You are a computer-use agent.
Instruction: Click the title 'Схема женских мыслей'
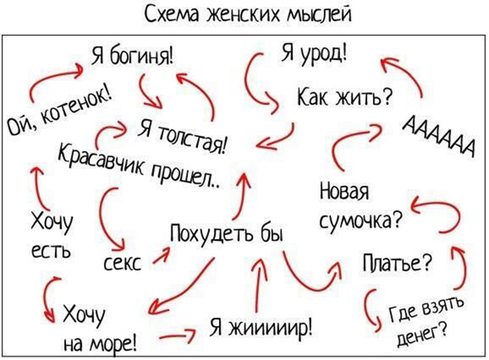(248, 14)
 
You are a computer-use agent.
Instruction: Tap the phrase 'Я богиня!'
(132, 56)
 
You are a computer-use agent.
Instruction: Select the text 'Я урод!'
(314, 53)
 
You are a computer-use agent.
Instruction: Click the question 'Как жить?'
(344, 97)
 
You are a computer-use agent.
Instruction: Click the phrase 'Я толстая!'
(184, 137)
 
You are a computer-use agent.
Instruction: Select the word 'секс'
(122, 264)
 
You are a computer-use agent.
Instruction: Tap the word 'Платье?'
(398, 264)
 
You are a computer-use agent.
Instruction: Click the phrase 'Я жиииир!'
(261, 327)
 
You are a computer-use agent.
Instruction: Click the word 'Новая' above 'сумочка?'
(345, 191)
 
